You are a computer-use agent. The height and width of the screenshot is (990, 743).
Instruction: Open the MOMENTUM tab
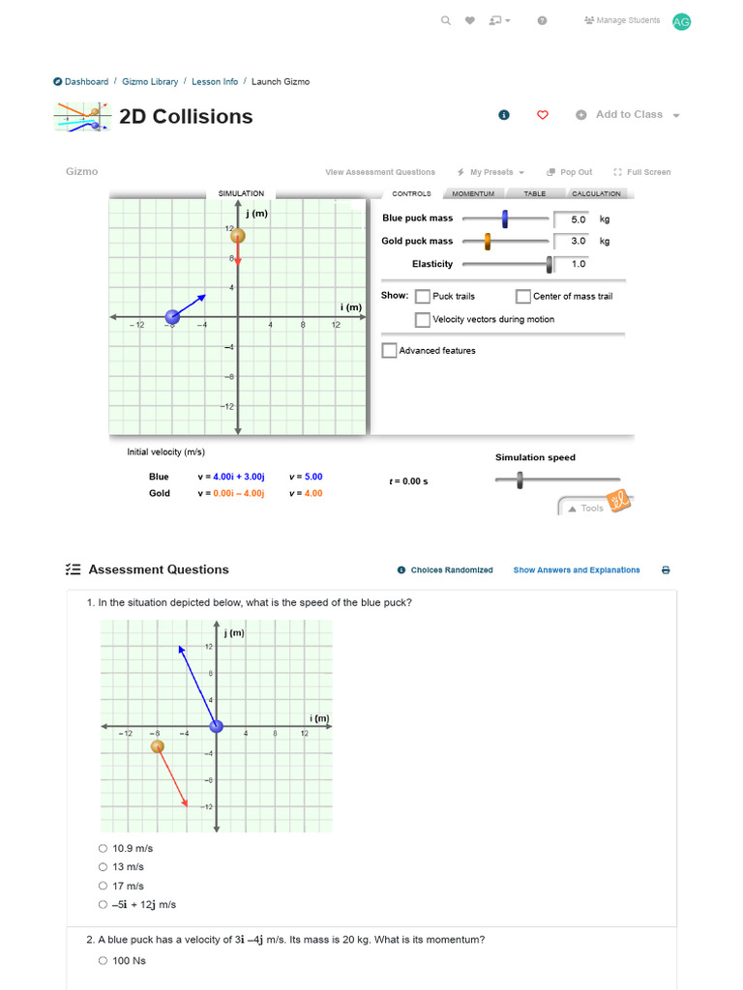coord(473,193)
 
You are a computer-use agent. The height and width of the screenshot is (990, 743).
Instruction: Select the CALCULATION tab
coord(596,193)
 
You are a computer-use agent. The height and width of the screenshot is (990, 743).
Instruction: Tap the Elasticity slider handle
coord(550,264)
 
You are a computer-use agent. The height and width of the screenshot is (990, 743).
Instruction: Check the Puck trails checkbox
coord(423,296)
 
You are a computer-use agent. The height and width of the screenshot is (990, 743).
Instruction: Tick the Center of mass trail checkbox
coord(523,296)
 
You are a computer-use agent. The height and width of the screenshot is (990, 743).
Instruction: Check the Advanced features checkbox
coord(389,350)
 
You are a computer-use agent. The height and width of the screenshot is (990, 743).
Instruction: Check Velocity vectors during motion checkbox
coord(423,319)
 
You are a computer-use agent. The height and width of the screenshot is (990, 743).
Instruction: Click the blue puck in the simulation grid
coord(172,316)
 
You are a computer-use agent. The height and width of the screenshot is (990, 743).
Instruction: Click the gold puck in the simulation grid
coord(237,235)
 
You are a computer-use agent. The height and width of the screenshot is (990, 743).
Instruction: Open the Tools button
coord(586,508)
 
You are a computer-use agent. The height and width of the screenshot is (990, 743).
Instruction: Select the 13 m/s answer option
coord(104,867)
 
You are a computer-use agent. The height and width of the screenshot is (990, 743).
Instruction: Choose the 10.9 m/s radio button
coord(104,848)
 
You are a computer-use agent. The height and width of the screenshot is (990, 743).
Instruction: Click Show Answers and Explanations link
coord(576,570)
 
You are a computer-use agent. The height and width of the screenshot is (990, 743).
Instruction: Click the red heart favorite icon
coord(543,115)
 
